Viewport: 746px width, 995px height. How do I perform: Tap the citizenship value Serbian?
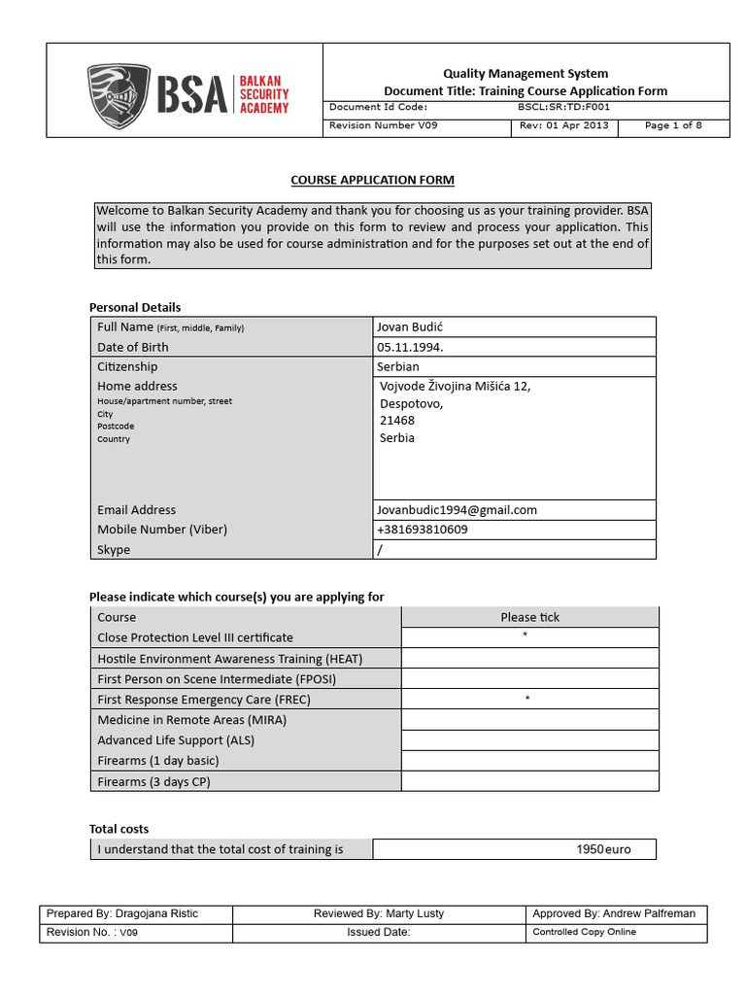click(398, 366)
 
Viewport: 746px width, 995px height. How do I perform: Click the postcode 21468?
click(397, 421)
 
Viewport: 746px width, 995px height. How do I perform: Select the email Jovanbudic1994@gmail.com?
click(458, 509)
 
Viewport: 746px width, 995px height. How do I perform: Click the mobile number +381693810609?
click(422, 530)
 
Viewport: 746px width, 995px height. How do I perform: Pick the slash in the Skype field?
click(379, 550)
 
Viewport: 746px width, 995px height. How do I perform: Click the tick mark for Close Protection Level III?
click(526, 636)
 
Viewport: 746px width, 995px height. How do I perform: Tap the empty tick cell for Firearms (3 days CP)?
click(529, 781)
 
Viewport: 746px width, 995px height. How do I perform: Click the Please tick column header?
click(529, 617)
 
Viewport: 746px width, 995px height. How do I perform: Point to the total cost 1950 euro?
click(603, 849)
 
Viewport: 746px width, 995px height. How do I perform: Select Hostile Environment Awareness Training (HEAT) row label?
click(230, 659)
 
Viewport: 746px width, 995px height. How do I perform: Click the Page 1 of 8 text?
click(673, 125)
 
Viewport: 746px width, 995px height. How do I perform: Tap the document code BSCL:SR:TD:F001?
click(564, 107)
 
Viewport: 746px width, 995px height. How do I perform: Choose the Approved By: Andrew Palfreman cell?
click(615, 913)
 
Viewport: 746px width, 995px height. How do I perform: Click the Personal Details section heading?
click(135, 307)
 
